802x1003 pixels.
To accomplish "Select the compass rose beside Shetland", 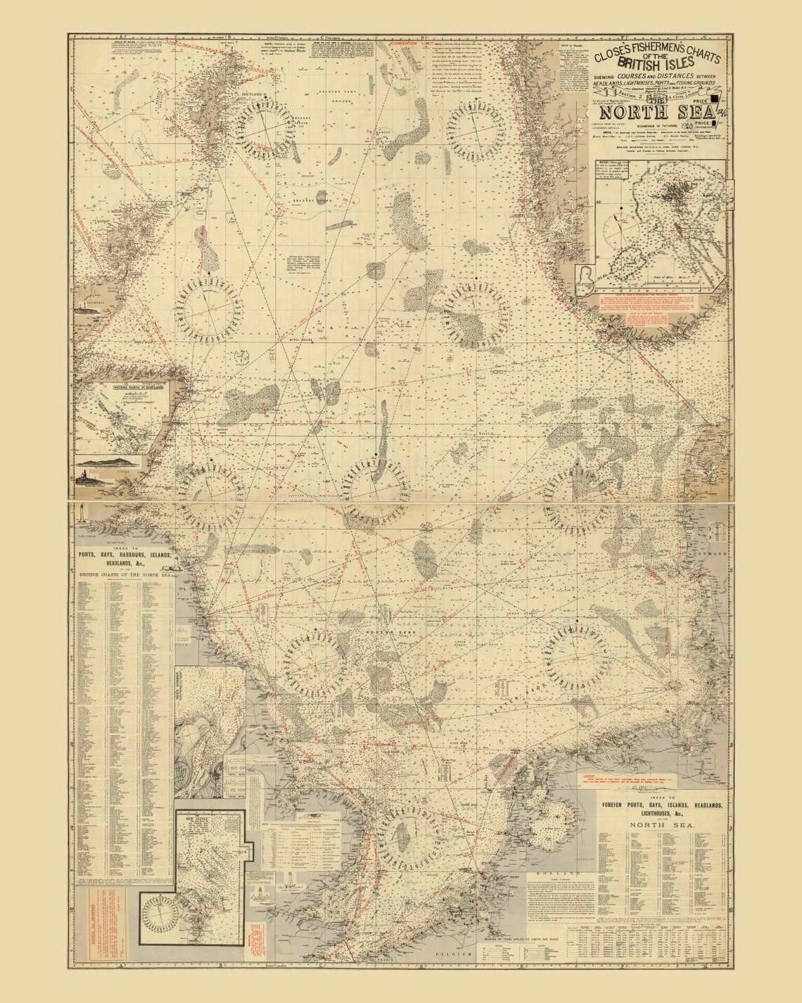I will (265, 130).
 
